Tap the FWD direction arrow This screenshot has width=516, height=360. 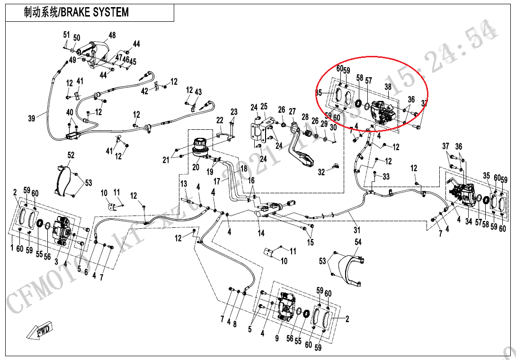pyautogui.click(x=40, y=330)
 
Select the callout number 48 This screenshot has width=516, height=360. pyautogui.click(x=112, y=36)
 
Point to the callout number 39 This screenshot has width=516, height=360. pyautogui.click(x=32, y=118)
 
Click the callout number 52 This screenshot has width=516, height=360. pyautogui.click(x=71, y=155)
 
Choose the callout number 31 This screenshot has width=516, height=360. pyautogui.click(x=356, y=230)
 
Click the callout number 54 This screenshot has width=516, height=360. pyautogui.click(x=358, y=242)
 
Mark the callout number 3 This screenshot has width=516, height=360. pyautogui.click(x=56, y=261)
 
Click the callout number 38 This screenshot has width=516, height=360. pyautogui.click(x=388, y=87)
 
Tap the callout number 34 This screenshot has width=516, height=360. pyautogui.click(x=469, y=221)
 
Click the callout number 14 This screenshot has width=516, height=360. pyautogui.click(x=261, y=233)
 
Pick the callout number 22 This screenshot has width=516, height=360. pyautogui.click(x=220, y=120)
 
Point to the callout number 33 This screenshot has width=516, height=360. pyautogui.click(x=386, y=177)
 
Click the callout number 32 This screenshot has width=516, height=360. pyautogui.click(x=321, y=172)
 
